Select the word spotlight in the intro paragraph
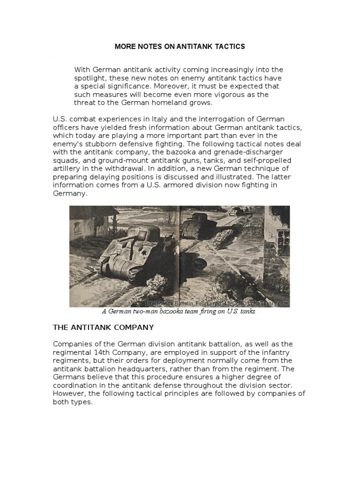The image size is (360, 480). click(90, 78)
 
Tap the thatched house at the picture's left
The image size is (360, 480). click(89, 225)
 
